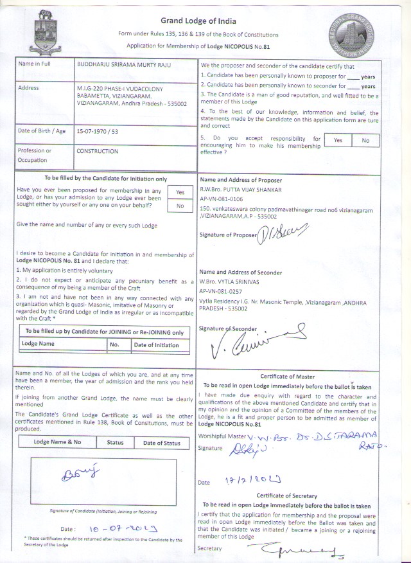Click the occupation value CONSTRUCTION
pos(97,152)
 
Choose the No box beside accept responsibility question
pos(366,141)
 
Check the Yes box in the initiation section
pos(180,192)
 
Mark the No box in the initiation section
pos(180,206)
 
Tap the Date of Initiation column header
pos(156,345)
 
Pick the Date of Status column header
pos(162,443)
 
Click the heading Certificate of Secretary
pos(287,496)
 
